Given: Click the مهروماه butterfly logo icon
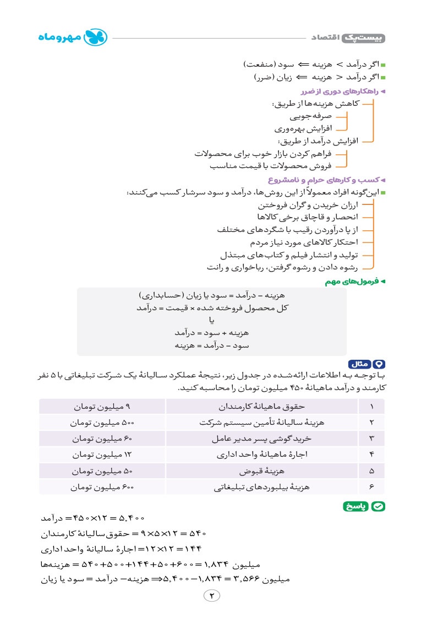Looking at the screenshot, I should click(x=100, y=37).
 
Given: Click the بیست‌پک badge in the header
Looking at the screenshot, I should click(x=364, y=38).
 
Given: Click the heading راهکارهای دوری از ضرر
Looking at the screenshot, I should click(x=344, y=91).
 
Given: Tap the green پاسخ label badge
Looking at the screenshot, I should click(x=364, y=506).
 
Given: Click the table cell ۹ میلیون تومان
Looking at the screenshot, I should click(x=103, y=407).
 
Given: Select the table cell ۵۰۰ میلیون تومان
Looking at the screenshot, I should click(x=103, y=423).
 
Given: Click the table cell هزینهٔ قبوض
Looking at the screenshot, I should click(x=261, y=472).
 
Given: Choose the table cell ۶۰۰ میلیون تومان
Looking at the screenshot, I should click(x=103, y=488).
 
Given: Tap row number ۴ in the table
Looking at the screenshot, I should click(x=371, y=455).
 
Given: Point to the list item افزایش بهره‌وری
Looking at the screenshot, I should click(x=303, y=129).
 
